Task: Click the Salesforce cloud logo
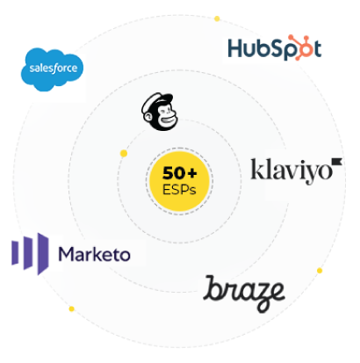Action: coord(52,69)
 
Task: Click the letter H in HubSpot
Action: coord(235,48)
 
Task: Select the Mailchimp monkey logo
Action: coord(160,112)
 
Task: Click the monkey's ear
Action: coord(148,117)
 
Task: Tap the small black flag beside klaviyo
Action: coord(337,161)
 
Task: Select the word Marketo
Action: coord(95,254)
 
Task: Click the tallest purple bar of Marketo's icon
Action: coord(43,254)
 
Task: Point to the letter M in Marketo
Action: coord(66,254)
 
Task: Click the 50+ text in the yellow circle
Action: coord(180,173)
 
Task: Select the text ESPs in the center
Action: coord(179,190)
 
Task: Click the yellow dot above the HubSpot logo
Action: coord(217,18)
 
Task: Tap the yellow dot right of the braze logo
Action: coord(320,271)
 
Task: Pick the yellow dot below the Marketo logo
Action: coord(71,309)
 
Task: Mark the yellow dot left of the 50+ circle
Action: coord(124,153)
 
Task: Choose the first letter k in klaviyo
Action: coord(256,169)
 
